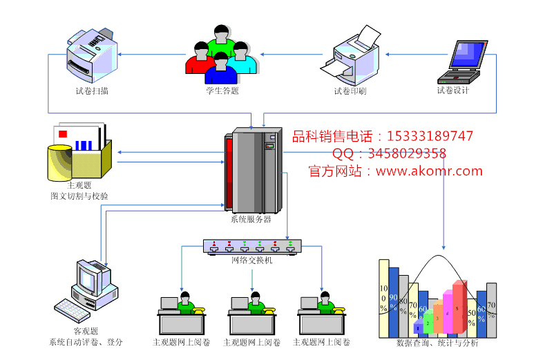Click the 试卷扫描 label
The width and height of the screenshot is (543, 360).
(x=92, y=91)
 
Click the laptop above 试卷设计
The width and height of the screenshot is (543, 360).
(x=467, y=58)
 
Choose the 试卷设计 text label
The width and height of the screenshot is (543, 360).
(x=453, y=91)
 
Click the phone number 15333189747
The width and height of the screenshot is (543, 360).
(x=432, y=136)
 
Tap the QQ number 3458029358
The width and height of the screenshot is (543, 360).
(x=408, y=153)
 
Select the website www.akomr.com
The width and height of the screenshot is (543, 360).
(x=429, y=171)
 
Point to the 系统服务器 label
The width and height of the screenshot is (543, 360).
(x=251, y=220)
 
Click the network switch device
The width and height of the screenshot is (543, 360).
(x=252, y=245)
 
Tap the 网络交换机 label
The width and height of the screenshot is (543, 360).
(x=252, y=260)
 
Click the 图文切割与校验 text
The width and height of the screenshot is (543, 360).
(x=79, y=196)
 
